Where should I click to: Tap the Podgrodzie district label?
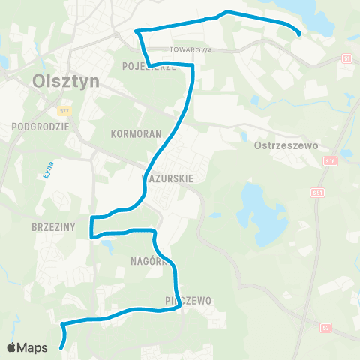pyautogui.click(x=40, y=127)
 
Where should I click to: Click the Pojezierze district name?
pyautogui.click(x=148, y=66)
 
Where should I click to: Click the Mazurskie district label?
pyautogui.click(x=169, y=178)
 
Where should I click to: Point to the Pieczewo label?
pyautogui.click(x=187, y=301)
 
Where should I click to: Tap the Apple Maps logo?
pyautogui.click(x=26, y=347)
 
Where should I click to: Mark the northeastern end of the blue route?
pyautogui.click(x=299, y=34)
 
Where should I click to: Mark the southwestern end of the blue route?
pyautogui.click(x=61, y=347)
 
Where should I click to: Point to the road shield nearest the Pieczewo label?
pyautogui.click(x=325, y=327)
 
